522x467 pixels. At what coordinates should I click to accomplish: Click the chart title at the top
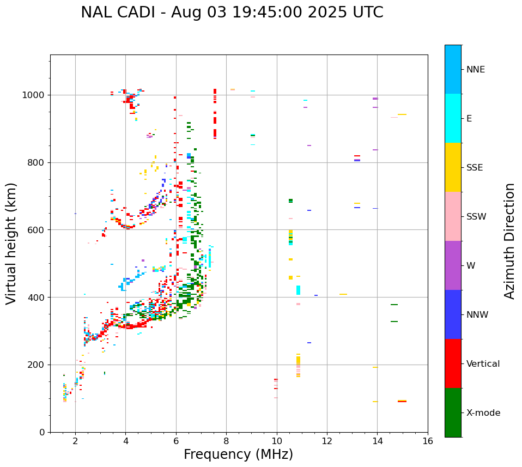pyautogui.click(x=232, y=13)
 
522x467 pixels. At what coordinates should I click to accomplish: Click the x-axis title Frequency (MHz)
pyautogui.click(x=238, y=454)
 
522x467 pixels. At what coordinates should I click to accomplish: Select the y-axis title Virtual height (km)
pyautogui.click(x=11, y=243)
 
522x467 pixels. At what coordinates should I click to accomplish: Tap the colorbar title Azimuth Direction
pyautogui.click(x=509, y=241)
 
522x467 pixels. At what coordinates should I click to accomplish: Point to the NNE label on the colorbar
pyautogui.click(x=475, y=70)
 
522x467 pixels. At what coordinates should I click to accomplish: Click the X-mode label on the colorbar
pyautogui.click(x=483, y=413)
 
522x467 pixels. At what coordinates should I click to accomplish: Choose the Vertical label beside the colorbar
pyautogui.click(x=483, y=364)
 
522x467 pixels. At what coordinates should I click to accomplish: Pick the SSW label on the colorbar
pyautogui.click(x=476, y=217)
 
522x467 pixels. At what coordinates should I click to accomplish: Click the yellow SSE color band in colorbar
pyautogui.click(x=453, y=167)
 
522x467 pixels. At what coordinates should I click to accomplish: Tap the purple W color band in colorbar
pyautogui.click(x=453, y=265)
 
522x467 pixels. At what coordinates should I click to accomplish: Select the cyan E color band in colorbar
pyautogui.click(x=453, y=118)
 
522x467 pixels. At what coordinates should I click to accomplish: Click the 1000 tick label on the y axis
pyautogui.click(x=34, y=95)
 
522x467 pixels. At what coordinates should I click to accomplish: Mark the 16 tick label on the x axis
pyautogui.click(x=428, y=441)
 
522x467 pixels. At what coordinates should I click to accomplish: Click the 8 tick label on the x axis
pyautogui.click(x=226, y=441)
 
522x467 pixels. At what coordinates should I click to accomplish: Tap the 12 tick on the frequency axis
pyautogui.click(x=327, y=441)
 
